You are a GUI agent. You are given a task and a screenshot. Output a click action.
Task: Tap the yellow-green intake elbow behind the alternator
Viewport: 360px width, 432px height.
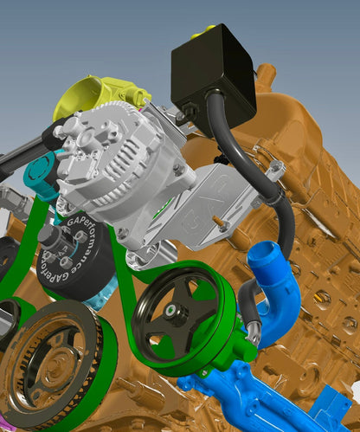click(x=87, y=96)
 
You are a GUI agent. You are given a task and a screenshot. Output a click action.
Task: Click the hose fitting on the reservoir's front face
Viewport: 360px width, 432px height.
click(x=184, y=113)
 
